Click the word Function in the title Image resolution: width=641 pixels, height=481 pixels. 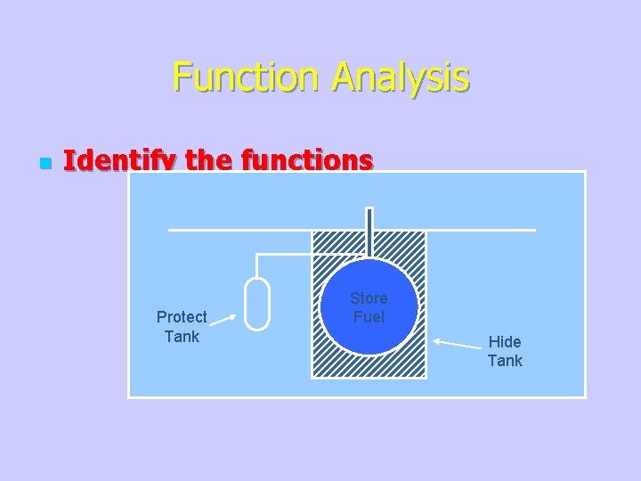click(x=248, y=77)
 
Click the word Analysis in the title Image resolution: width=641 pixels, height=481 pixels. click(x=400, y=77)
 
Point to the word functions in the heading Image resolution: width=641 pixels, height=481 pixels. click(x=315, y=160)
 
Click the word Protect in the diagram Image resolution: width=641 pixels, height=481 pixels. click(x=182, y=317)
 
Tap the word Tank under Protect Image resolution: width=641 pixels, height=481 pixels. click(x=182, y=337)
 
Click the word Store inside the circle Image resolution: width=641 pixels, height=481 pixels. click(x=369, y=298)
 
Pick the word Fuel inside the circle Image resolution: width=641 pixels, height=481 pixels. click(x=369, y=317)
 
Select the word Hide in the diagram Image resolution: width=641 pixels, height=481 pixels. click(x=505, y=342)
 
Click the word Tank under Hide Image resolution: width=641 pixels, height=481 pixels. click(x=505, y=361)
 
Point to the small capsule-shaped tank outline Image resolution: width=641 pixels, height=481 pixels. click(x=257, y=304)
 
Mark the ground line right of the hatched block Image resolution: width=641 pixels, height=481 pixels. click(x=481, y=231)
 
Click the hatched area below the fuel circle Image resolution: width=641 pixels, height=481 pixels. click(x=369, y=367)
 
